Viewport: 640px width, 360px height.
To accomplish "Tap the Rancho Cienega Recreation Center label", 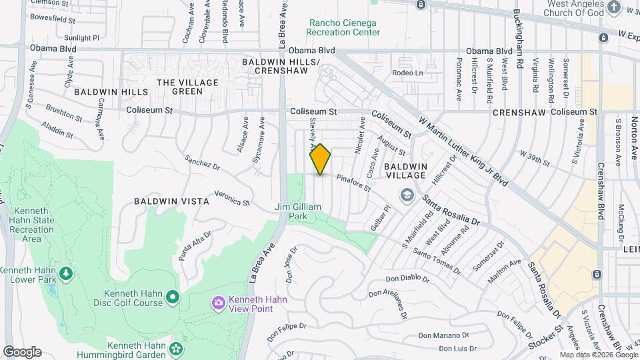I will point(343,27).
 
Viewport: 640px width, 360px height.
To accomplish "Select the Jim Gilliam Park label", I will point(298,211).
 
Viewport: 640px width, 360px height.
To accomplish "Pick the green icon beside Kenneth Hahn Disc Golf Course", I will point(173,295).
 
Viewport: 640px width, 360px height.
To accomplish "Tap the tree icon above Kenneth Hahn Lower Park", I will point(65,273).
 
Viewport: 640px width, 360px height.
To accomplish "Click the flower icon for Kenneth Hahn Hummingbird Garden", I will point(176,347).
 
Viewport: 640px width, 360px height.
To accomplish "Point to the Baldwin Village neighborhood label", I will point(405,170).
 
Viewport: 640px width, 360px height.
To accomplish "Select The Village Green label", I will point(178,87).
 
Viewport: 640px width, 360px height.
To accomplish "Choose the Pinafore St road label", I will point(353,183).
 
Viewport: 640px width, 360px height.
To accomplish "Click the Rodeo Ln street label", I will point(408,73).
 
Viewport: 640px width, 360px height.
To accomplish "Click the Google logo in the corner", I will point(22,352).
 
